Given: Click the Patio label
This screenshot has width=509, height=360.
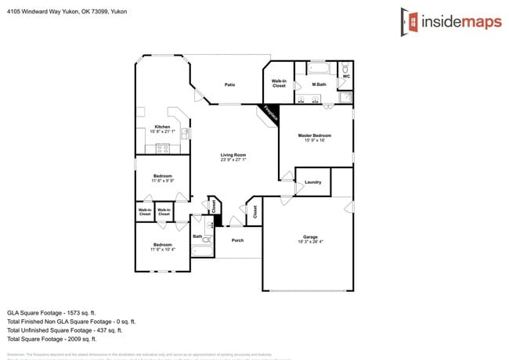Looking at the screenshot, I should [x=229, y=85].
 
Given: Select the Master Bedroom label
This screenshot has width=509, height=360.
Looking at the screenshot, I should [x=315, y=136].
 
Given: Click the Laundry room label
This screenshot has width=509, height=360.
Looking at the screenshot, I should [x=313, y=182].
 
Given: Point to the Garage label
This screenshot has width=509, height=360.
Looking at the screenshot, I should [x=310, y=236].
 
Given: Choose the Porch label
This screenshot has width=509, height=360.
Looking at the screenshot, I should [x=236, y=240].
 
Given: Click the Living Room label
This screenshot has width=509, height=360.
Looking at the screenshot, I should [x=233, y=155].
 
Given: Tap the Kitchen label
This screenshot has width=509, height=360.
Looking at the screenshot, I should [x=162, y=127].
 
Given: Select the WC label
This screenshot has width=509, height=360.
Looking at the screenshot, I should [x=346, y=76].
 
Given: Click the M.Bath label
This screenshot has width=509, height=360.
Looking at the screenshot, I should [x=319, y=84].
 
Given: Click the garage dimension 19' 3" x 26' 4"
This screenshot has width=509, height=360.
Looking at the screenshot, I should [x=310, y=242].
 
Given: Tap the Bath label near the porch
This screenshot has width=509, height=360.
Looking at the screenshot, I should [x=197, y=236].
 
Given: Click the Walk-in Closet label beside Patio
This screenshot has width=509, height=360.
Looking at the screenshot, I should [x=279, y=82].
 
